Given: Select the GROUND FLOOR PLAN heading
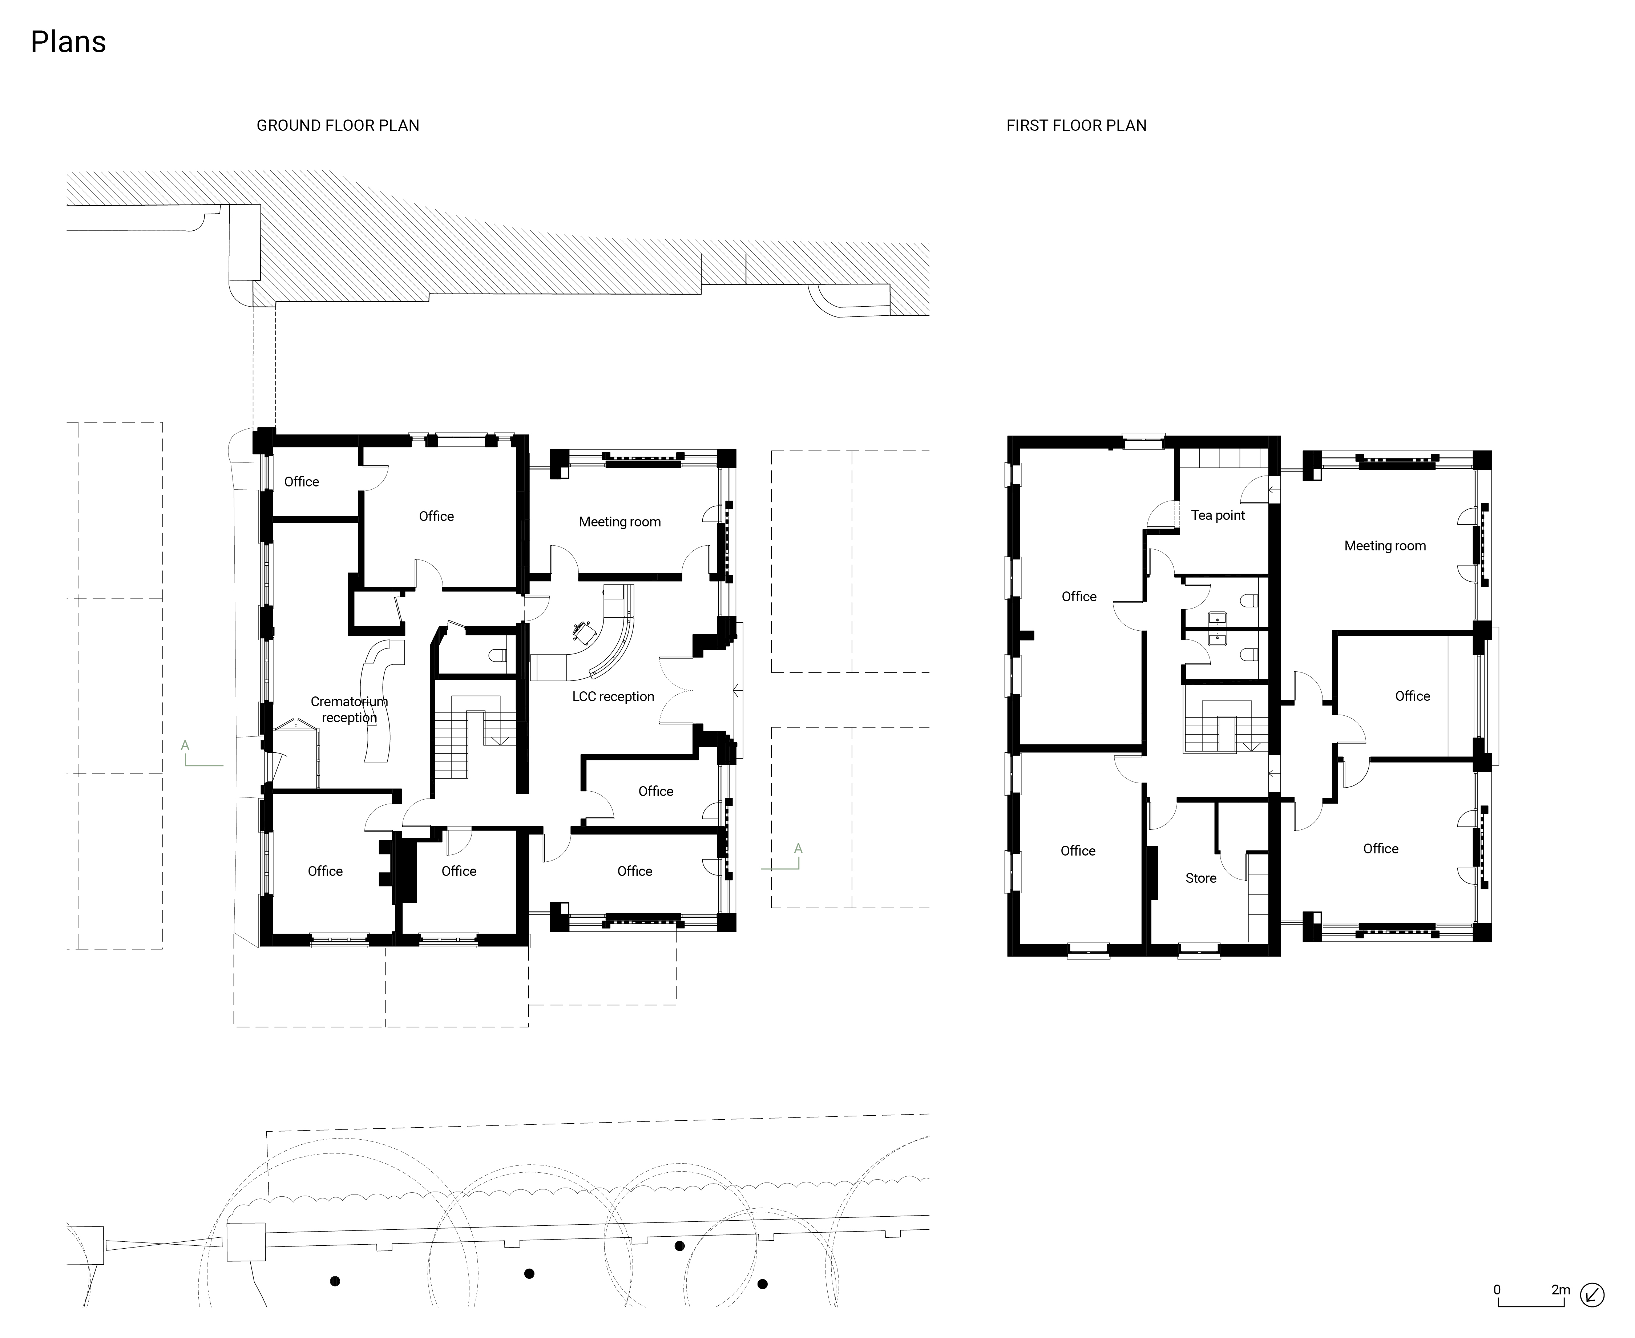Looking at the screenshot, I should pos(338,126).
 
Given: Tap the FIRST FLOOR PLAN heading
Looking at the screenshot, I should pos(1076,126).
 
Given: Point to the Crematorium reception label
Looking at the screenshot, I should pos(349,709).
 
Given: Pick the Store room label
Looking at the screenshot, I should pos(1200,878).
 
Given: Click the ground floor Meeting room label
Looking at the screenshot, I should pos(620,522).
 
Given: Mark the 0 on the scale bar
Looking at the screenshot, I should pos(1497,1289).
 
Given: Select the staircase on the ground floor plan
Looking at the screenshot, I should pos(470,736).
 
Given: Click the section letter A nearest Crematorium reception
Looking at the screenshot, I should pos(185,745).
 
